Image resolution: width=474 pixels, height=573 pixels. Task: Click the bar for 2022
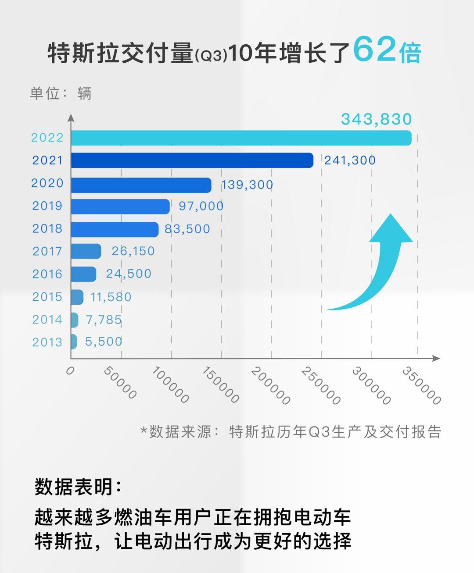pyautogui.click(x=241, y=138)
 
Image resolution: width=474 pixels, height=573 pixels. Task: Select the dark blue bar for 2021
pyautogui.click(x=192, y=160)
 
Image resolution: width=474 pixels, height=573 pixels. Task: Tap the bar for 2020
pyautogui.click(x=141, y=185)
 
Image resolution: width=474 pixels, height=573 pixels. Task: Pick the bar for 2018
pyautogui.click(x=115, y=229)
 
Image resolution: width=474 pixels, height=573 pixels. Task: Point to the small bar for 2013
pyautogui.click(x=74, y=342)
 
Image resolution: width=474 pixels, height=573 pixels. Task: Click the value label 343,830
pyautogui.click(x=376, y=119)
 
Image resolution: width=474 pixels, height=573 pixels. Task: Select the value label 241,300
pyautogui.click(x=350, y=160)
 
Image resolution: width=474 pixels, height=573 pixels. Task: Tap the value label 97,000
pyautogui.click(x=201, y=206)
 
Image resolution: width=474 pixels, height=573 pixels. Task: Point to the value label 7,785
pyautogui.click(x=104, y=320)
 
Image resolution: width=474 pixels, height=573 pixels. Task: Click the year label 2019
pyautogui.click(x=47, y=206)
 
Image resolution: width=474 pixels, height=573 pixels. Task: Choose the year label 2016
pyautogui.click(x=47, y=274)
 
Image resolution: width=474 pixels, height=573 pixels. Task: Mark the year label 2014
pyautogui.click(x=47, y=320)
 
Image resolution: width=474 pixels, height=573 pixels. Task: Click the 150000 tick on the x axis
pyautogui.click(x=220, y=384)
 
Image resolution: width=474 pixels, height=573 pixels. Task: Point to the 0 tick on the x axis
pyautogui.click(x=70, y=371)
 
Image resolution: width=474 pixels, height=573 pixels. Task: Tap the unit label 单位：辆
pyautogui.click(x=61, y=93)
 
